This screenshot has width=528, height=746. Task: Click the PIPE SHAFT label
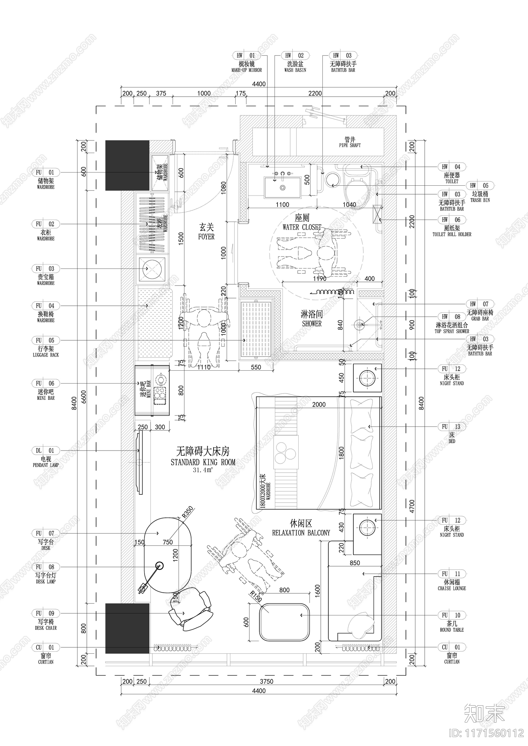point(350,142)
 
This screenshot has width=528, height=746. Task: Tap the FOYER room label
point(206,232)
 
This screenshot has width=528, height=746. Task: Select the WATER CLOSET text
point(302,227)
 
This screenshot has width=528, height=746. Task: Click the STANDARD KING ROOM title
point(203,462)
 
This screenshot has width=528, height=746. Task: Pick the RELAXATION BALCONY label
point(301,533)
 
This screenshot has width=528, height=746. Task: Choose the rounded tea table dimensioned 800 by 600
point(284,622)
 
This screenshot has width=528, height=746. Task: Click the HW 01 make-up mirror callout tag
point(246,56)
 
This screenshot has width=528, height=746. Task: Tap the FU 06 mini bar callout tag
point(45,383)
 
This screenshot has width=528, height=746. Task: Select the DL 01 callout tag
point(45,451)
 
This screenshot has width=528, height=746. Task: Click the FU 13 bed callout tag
point(451,427)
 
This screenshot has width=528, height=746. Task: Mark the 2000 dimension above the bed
point(319,404)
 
